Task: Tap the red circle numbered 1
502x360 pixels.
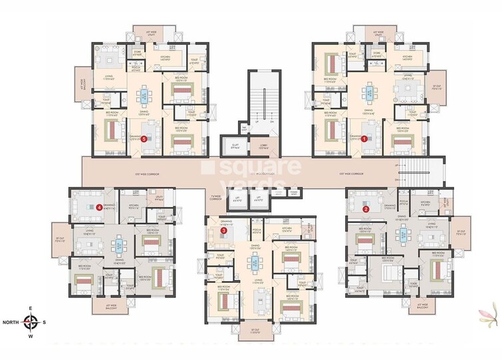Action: click(x=364, y=138)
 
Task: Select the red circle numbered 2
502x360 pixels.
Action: click(x=366, y=208)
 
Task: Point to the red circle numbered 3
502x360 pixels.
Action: click(x=224, y=250)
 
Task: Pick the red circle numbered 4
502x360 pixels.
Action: click(x=99, y=207)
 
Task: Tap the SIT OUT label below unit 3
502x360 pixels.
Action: click(x=255, y=331)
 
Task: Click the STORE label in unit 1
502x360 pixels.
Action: click(x=376, y=55)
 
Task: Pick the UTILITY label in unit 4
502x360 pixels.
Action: click(x=159, y=198)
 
